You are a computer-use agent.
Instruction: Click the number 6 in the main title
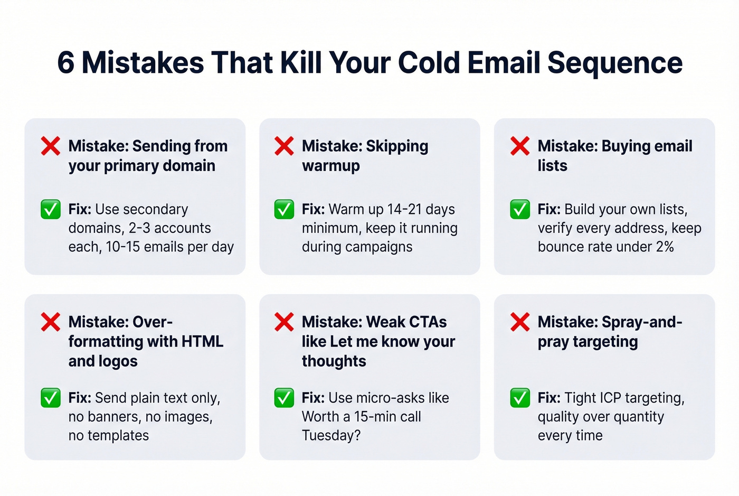(65, 63)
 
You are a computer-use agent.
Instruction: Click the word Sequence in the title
(615, 63)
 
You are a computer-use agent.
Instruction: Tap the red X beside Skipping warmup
(284, 146)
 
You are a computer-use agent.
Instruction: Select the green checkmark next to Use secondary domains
(51, 210)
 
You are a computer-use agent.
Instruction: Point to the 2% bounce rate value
(665, 247)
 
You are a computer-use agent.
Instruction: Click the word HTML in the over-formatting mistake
(202, 341)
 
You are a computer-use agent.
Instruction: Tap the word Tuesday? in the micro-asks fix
(331, 435)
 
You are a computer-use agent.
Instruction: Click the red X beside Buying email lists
(520, 146)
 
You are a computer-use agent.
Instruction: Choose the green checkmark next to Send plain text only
(51, 398)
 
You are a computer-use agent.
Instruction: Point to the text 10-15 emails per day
(169, 247)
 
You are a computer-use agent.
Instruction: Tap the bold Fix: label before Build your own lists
(549, 209)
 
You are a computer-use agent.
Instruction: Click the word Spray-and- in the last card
(642, 322)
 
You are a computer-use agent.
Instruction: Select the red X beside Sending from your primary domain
(51, 146)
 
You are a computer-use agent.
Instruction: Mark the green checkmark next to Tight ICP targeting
(520, 398)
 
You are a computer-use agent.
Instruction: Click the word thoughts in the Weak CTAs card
(334, 361)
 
